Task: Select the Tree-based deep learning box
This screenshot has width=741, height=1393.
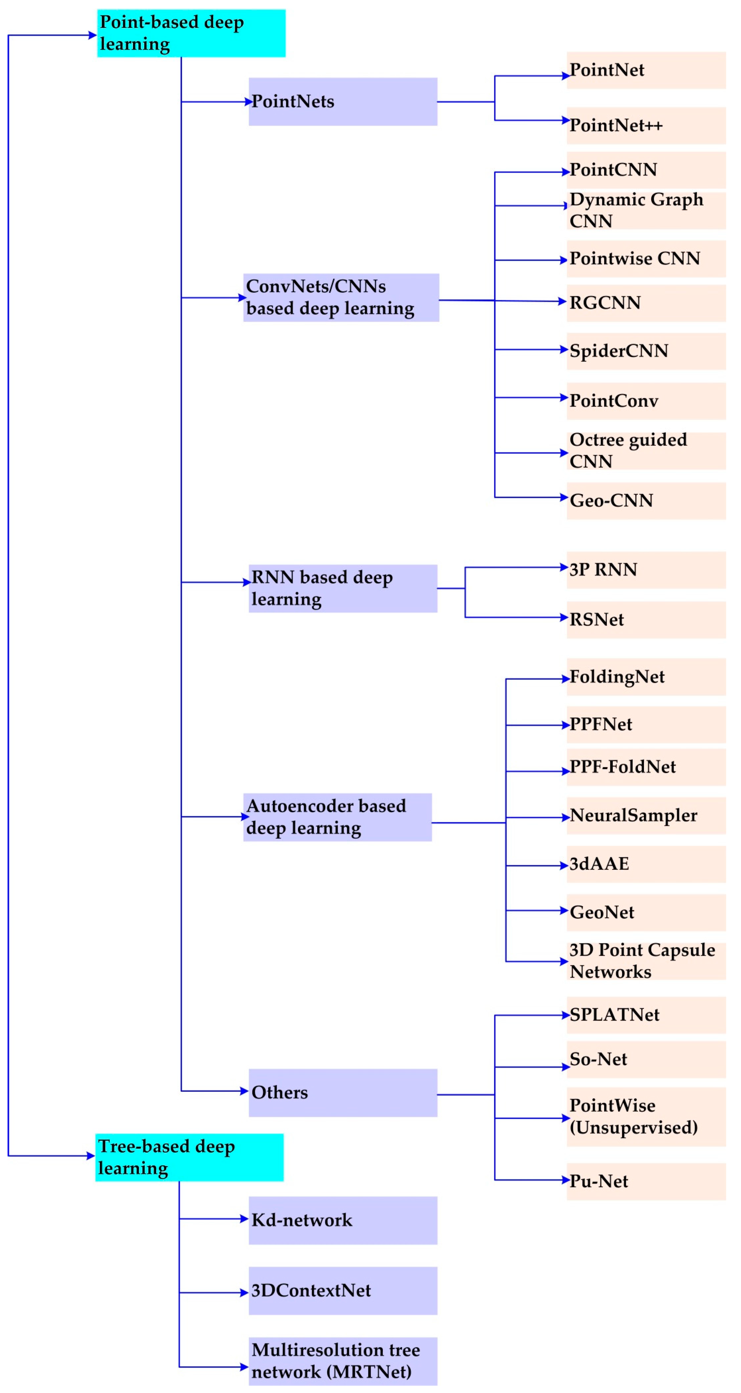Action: (189, 1157)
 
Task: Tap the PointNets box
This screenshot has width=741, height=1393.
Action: (343, 102)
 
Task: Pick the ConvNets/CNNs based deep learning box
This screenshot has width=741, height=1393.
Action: (341, 297)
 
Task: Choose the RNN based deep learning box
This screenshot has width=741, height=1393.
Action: (343, 588)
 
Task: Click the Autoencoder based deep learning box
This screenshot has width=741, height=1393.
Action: (337, 817)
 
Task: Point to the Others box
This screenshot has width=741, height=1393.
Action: (343, 1092)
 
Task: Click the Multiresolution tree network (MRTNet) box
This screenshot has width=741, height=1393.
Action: (343, 1361)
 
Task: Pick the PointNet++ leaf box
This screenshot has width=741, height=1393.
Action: (646, 126)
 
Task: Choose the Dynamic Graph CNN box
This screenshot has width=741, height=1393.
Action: (646, 210)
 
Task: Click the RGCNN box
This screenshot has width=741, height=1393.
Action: (646, 303)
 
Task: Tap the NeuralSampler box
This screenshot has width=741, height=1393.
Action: (646, 815)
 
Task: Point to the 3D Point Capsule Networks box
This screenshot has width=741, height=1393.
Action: (646, 961)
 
